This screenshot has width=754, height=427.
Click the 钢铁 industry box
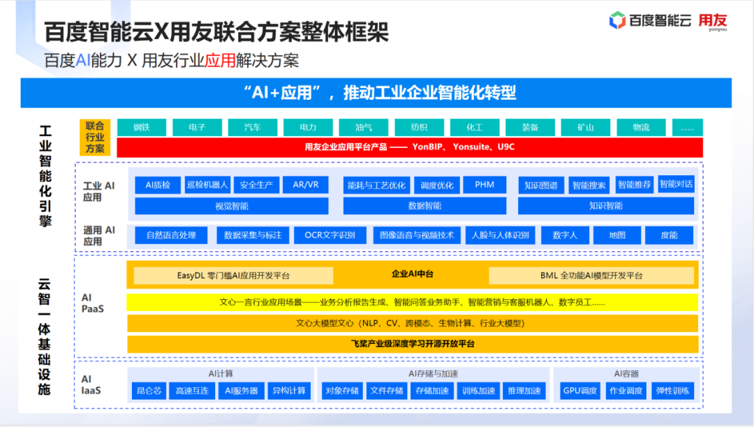tap(142, 127)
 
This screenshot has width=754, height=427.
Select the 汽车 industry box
tap(253, 127)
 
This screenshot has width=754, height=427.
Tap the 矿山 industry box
tap(585, 127)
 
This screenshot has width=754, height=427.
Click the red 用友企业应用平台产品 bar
tap(410, 147)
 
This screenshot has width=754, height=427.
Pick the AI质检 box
tap(158, 185)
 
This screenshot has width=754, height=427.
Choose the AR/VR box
tap(305, 185)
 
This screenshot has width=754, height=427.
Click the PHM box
tap(485, 185)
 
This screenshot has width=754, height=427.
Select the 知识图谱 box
tap(540, 186)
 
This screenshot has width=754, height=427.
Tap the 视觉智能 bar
tap(231, 206)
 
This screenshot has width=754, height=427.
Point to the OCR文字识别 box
tap(330, 235)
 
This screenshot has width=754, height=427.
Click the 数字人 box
tap(565, 235)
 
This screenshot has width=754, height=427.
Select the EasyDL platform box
tap(233, 275)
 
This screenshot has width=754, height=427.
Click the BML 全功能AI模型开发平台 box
tap(591, 275)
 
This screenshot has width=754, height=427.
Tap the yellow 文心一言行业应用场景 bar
tap(412, 302)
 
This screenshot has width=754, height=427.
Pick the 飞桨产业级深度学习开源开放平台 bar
tap(412, 344)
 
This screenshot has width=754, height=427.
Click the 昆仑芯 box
tap(149, 391)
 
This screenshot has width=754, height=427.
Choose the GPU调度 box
tap(580, 391)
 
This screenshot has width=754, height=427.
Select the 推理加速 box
tap(524, 391)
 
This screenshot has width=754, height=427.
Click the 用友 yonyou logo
tap(713, 22)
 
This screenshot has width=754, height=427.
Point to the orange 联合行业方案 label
tap(95, 137)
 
